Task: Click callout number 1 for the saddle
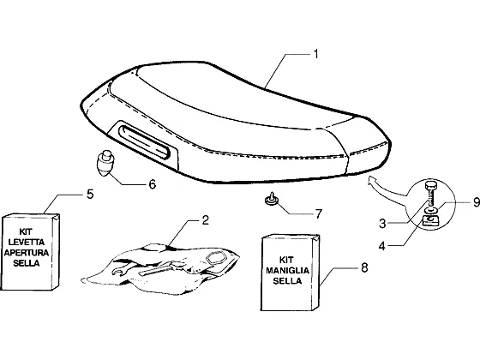tap(316, 54)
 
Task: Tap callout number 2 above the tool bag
tap(205, 219)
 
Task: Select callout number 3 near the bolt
tap(382, 224)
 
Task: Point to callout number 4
tap(381, 246)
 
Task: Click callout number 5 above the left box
tap(90, 194)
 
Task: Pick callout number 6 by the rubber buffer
tap(153, 184)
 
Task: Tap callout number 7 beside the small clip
tap(319, 213)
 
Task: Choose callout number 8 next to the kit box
tap(364, 267)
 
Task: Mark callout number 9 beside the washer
tap(477, 202)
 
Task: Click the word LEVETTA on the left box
tap(27, 242)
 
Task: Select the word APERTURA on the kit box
tap(27, 253)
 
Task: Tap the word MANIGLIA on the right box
tap(287, 270)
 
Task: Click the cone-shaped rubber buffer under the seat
tap(105, 164)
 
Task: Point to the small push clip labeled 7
tap(272, 199)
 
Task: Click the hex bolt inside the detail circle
tap(430, 194)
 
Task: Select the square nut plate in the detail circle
tap(430, 220)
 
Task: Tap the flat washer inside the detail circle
tap(430, 210)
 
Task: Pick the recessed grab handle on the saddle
tap(143, 141)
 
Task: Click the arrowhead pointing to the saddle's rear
tap(373, 180)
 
